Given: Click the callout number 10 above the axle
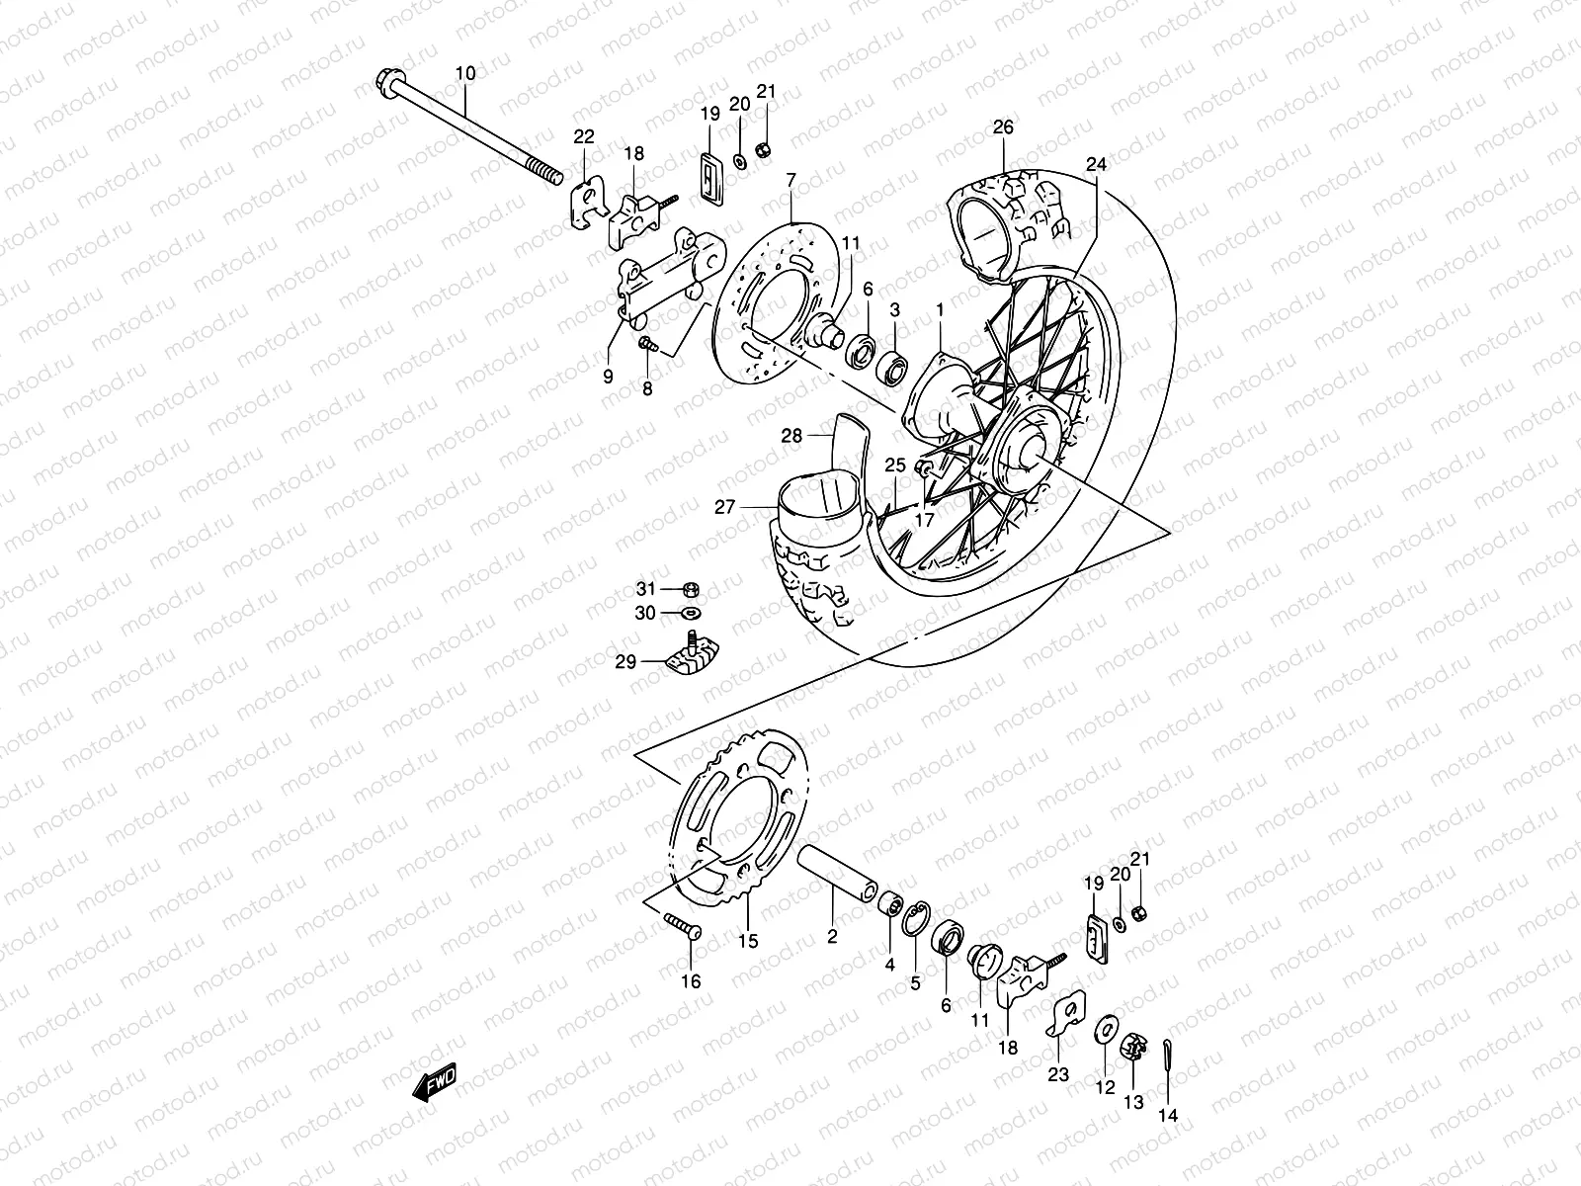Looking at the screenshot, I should (465, 73).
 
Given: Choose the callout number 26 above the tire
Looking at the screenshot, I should (1003, 127).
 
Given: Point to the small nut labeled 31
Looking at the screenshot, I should (692, 590).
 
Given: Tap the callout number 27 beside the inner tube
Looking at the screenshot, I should (725, 507).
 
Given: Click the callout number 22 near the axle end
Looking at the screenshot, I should (584, 136).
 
